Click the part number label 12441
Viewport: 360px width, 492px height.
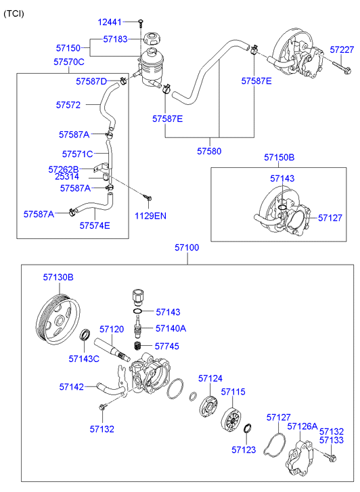pos(109,22)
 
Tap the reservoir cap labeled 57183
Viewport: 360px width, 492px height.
pos(152,39)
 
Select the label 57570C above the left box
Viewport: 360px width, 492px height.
pos(69,62)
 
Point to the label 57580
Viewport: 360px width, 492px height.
pos(209,151)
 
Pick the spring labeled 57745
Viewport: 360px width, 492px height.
pos(137,346)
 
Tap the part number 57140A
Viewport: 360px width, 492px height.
pos(171,328)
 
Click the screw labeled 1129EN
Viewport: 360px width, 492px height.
pos(148,197)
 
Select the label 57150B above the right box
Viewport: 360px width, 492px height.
pos(279,157)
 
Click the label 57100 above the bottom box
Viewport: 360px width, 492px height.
pos(187,248)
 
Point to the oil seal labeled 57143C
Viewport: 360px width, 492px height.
pos(85,335)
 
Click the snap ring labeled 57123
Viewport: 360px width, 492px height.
pos(247,428)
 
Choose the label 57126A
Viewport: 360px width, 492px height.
pos(302,426)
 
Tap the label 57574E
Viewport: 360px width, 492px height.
pos(95,225)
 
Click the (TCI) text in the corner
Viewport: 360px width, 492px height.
pos(14,14)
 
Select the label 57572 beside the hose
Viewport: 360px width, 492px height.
pos(68,105)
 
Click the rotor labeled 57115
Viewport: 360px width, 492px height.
pos(231,420)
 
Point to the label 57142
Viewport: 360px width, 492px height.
pos(71,387)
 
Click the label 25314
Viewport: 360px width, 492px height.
pos(67,177)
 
